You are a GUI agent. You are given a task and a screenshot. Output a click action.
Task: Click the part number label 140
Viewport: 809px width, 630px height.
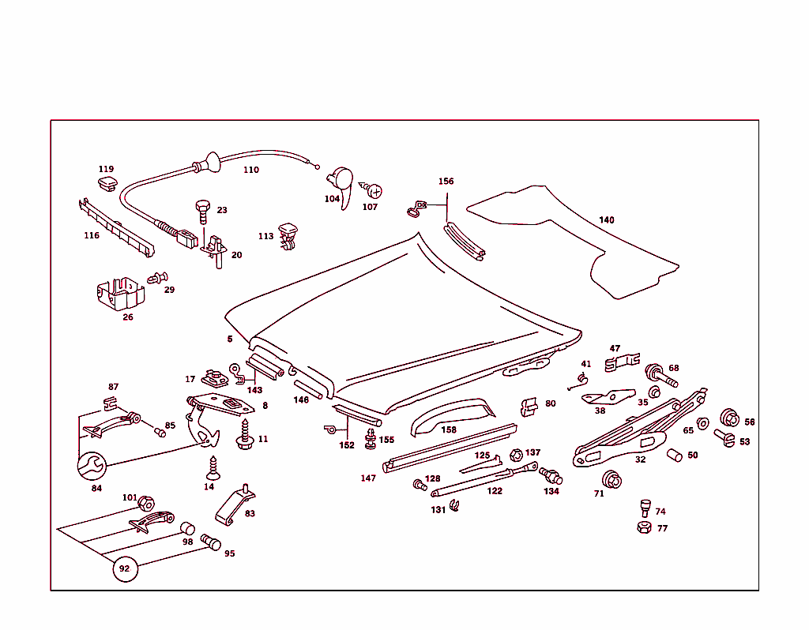606,219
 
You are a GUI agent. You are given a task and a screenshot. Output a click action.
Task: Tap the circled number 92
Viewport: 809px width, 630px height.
124,568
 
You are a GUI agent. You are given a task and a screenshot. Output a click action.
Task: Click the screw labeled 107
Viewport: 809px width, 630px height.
373,190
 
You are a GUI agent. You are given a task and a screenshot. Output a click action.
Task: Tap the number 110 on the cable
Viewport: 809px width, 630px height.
250,170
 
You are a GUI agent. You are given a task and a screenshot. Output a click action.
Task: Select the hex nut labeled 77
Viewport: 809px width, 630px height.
644,527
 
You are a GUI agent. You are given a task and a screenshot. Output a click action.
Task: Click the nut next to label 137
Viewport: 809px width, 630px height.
516,454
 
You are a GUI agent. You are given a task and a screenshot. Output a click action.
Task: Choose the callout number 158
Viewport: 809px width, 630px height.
449,429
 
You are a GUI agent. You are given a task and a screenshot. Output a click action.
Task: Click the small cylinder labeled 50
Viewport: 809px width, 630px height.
673,455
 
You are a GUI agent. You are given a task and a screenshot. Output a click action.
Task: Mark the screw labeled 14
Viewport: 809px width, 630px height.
212,470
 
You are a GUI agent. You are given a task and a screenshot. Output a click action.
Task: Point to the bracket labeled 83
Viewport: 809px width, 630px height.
235,507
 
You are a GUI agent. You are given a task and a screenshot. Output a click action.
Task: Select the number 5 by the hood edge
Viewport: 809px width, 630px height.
230,339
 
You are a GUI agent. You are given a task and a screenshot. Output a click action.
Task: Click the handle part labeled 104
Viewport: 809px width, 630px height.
341,182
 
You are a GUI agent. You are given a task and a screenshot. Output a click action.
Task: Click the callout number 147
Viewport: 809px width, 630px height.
368,478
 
